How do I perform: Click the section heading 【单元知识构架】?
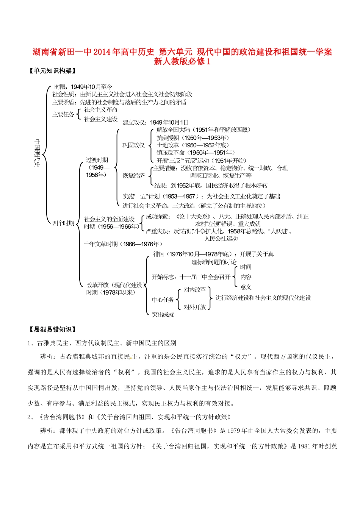coord(53,71)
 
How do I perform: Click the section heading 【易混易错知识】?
coord(53,329)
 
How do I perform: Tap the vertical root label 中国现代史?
coord(37,153)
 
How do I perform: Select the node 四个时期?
coord(63,223)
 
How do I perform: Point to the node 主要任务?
coord(63,114)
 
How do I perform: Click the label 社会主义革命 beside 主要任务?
coord(101,109)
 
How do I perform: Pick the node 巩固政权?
coord(133,145)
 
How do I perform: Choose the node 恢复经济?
coord(133,175)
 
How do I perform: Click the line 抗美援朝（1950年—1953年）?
coord(193,137)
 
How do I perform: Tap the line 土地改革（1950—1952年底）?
coord(193,145)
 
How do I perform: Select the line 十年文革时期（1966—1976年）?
coord(123,244)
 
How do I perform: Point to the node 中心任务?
coord(163,300)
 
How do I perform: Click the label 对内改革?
coord(195,290)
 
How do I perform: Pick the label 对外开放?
coord(195,307)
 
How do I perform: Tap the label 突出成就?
coord(163,314)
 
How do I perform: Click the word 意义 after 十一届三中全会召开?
coord(246,287)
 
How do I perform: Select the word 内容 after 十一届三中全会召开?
coord(246,277)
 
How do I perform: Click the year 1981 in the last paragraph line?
coord(304,446)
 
